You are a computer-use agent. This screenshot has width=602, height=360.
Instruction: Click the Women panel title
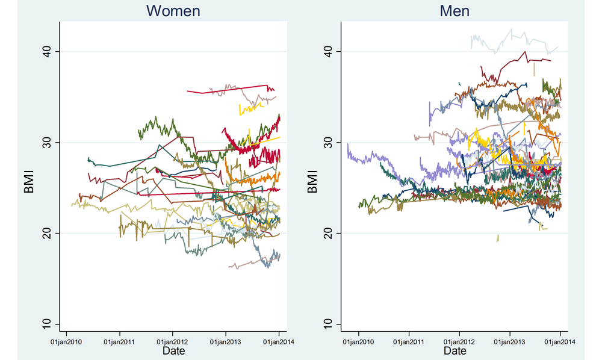pos(173,11)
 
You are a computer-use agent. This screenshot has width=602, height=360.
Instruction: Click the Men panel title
pos(456,11)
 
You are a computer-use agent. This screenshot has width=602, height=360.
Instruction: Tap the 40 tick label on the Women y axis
pos(46,52)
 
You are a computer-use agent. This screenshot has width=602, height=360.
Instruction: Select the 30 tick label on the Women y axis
pos(46,143)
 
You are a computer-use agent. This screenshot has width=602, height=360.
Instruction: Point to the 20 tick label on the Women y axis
pos(46,233)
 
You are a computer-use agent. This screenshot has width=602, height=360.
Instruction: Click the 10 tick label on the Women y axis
pos(46,324)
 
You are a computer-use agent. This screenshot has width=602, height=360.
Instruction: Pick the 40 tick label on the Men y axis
pos(328,52)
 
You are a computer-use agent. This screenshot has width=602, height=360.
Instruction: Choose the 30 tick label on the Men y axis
pos(328,143)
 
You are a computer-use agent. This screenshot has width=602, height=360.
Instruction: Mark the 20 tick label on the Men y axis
pos(328,233)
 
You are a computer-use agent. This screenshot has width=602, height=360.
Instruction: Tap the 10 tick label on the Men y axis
pos(328,324)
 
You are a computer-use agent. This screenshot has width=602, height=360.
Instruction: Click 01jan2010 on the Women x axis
pos(66,341)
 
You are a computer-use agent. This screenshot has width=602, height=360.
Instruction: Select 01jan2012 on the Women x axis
pos(173,341)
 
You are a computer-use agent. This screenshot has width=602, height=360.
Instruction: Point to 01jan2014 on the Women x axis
pos(279,341)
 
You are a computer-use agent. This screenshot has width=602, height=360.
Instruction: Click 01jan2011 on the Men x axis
pos(409,341)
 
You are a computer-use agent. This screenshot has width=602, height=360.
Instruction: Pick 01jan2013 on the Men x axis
pos(510,341)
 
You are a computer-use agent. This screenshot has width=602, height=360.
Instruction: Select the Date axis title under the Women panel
pos(173,351)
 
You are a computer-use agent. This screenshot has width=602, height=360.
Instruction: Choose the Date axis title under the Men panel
pos(455,351)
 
